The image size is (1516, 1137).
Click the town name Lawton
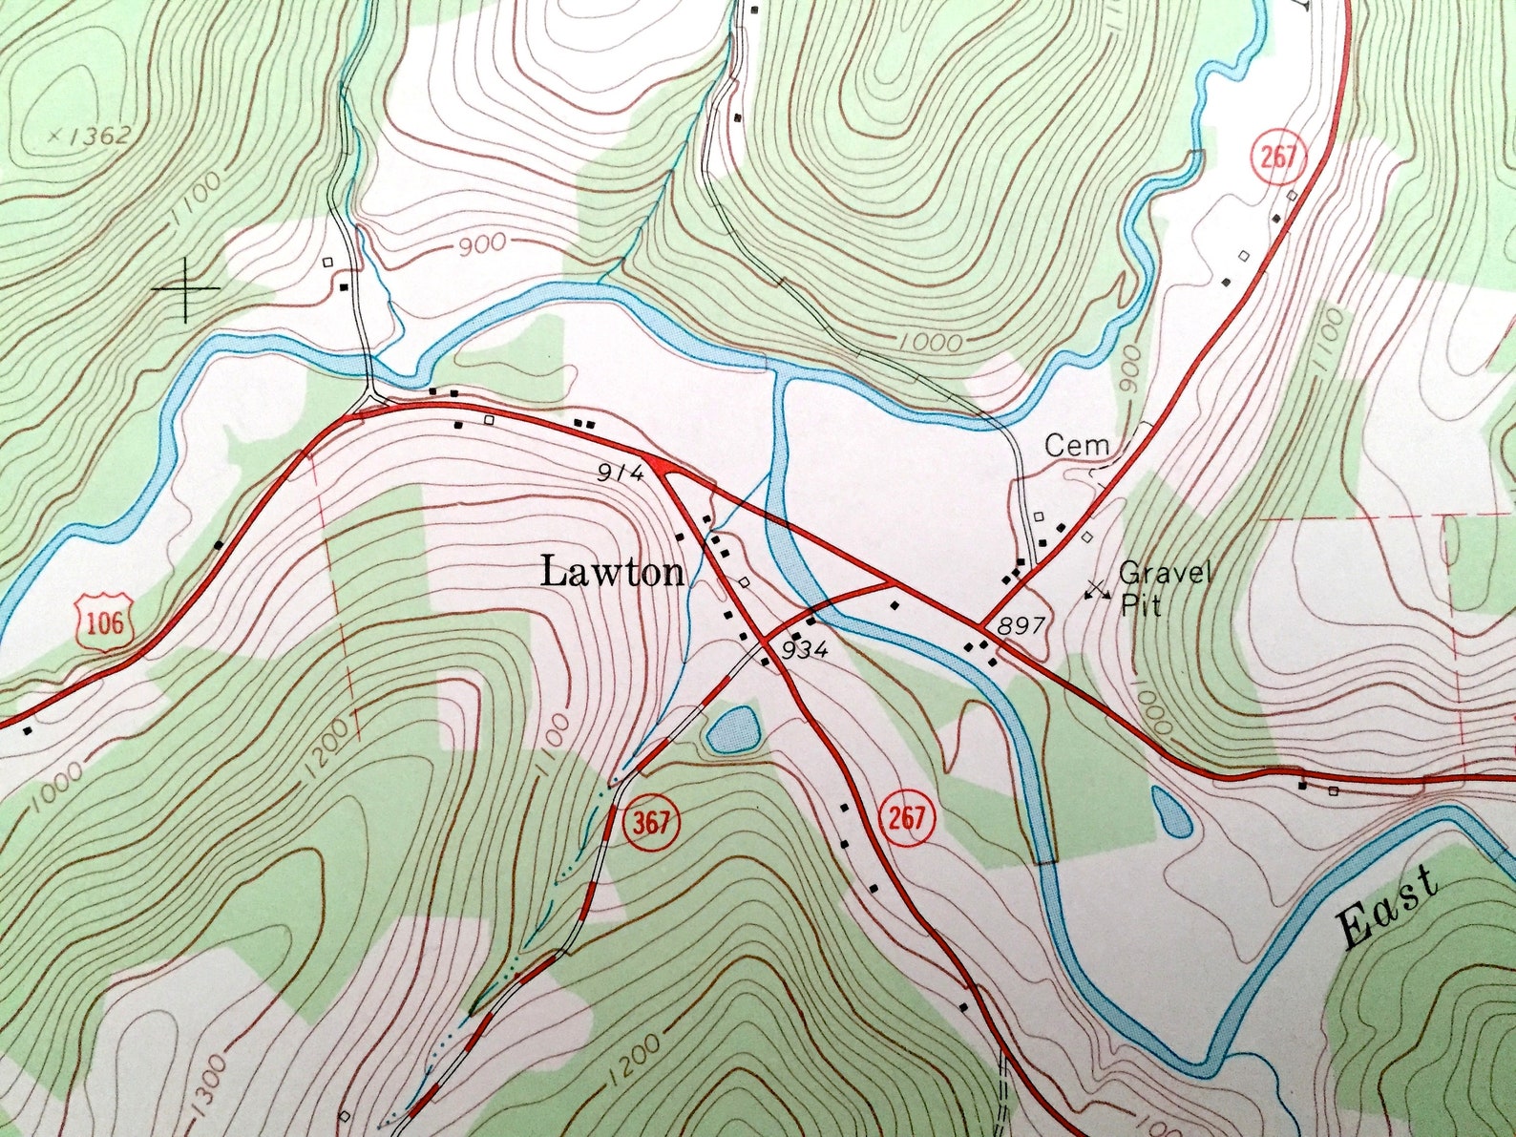pyautogui.click(x=612, y=573)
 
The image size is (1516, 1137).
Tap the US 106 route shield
pyautogui.click(x=104, y=622)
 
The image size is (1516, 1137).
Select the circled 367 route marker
pyautogui.click(x=651, y=822)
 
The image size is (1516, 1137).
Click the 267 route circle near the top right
pyautogui.click(x=1277, y=156)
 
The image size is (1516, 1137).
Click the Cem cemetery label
pyautogui.click(x=1077, y=445)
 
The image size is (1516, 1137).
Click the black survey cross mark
pyautogui.click(x=185, y=286)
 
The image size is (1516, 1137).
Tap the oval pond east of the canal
pyautogui.click(x=1171, y=811)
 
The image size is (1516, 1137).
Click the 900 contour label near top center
pyautogui.click(x=481, y=246)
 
